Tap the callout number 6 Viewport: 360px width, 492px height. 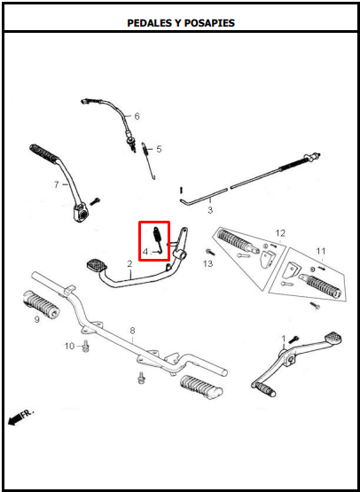pos(137,116)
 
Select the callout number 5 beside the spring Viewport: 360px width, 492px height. pos(159,149)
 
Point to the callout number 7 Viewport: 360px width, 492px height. pos(56,184)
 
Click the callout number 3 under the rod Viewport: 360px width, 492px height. pos(210,210)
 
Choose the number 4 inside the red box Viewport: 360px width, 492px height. pos(145,252)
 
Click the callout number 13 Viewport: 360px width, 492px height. pos(207,263)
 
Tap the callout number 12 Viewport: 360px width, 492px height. pos(280,233)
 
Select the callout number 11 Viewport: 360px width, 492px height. pos(321,252)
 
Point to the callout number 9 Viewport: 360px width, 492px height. pos(37,320)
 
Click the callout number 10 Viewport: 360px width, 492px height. pos(70,346)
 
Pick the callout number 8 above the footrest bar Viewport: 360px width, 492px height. pos(132,331)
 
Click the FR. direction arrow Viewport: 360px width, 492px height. pos(20,418)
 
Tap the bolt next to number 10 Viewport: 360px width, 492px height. pos(85,346)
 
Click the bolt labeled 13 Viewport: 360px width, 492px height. pos(209,252)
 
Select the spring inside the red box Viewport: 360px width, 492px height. pos(158,239)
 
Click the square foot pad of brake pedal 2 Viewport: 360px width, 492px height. pos(97,265)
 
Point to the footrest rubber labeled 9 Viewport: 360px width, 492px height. pos(41,304)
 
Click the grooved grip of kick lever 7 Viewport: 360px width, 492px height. pos(44,152)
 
